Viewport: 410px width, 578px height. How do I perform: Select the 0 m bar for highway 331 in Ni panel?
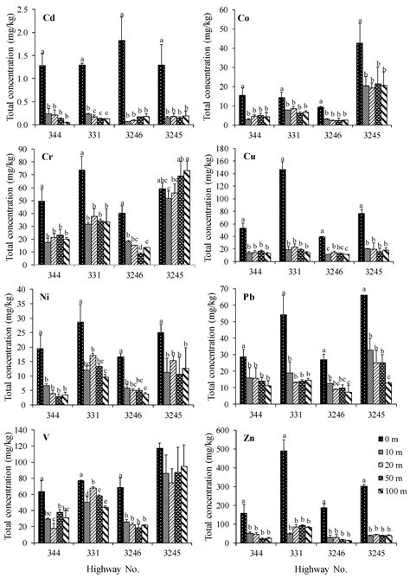click(81, 363)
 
